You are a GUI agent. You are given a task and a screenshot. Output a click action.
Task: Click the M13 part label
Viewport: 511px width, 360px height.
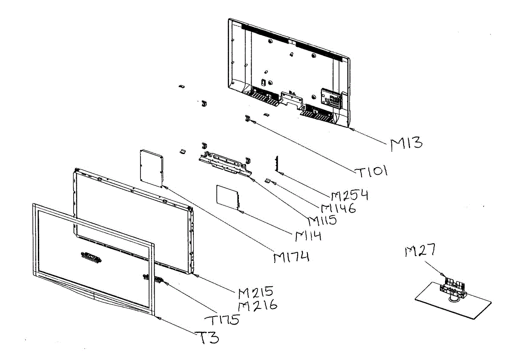coord(407,144)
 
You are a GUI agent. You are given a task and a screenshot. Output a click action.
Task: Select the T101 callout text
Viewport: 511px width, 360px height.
coord(371,171)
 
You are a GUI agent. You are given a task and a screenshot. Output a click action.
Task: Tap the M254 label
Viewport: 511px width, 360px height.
coord(350,196)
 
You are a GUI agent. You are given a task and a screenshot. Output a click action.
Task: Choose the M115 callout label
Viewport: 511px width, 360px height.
coord(322,220)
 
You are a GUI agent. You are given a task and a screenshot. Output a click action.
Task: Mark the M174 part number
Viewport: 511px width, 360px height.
coord(291,257)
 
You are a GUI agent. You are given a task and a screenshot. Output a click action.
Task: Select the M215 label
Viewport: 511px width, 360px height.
coord(255,293)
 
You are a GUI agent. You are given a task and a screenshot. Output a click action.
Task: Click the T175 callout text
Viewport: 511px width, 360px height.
coord(221,320)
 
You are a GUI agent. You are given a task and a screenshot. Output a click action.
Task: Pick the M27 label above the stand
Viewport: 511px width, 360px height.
coord(420,252)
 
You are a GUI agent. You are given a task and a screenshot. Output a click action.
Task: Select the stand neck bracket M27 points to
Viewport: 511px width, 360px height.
coord(454,286)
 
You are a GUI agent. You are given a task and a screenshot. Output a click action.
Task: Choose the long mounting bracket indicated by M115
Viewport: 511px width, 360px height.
coord(224,162)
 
